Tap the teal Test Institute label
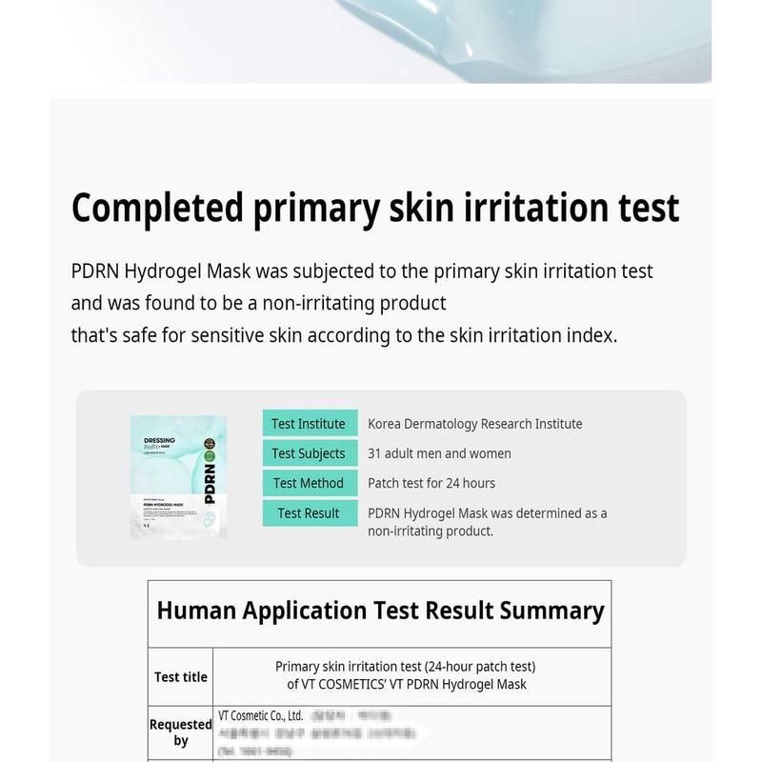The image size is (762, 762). [x=309, y=424]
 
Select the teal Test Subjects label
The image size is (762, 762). [x=309, y=453]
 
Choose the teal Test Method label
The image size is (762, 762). [x=309, y=483]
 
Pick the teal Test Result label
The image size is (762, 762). [x=309, y=512]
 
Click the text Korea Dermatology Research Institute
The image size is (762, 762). [x=474, y=424]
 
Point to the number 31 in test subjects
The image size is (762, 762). [x=375, y=453]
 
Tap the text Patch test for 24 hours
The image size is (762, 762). [x=431, y=483]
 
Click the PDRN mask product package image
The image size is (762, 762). [x=178, y=476]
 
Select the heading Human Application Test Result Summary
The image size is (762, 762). [x=380, y=611]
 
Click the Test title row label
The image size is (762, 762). [x=181, y=677]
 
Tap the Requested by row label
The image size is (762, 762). [x=181, y=732]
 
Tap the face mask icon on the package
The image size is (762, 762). [x=211, y=523]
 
